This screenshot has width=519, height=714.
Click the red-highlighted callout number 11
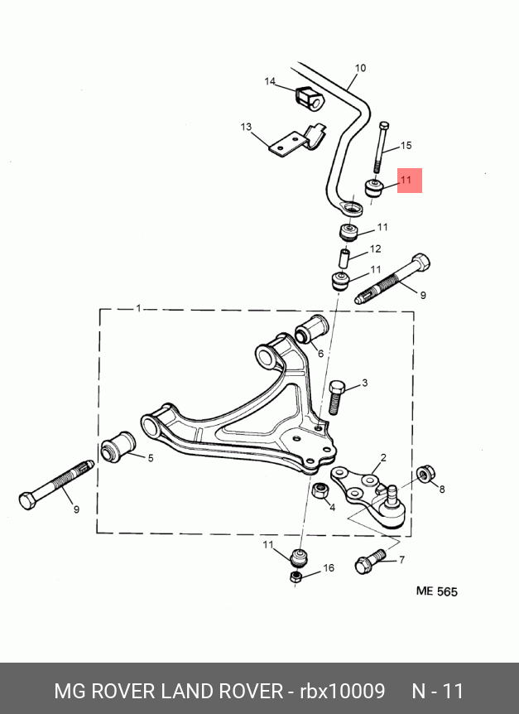406,180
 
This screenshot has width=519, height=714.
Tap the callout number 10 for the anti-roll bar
360,68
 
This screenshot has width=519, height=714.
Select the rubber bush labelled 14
309,99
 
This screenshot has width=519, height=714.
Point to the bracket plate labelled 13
297,140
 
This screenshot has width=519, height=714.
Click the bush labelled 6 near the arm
311,330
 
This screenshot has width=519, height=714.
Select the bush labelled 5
118,446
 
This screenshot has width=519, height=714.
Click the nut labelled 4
321,490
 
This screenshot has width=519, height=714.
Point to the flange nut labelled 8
425,474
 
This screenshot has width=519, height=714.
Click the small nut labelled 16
296,577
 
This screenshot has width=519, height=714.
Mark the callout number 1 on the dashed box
139,309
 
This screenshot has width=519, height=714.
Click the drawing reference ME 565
437,591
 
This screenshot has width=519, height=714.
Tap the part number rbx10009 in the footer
342,691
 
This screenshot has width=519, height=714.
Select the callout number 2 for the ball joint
383,457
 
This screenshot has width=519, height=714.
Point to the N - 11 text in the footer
438,691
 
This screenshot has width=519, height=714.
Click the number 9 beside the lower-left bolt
76,509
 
